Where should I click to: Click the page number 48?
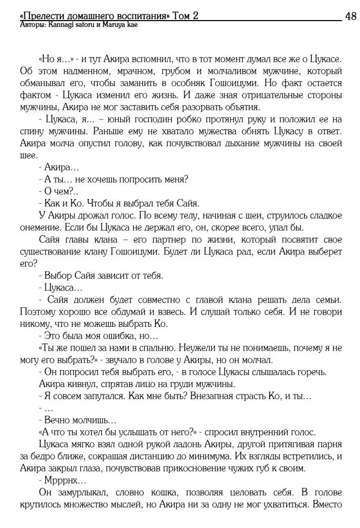(x=350, y=16)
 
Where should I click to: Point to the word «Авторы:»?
(x=31, y=25)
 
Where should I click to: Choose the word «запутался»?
(x=93, y=397)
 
